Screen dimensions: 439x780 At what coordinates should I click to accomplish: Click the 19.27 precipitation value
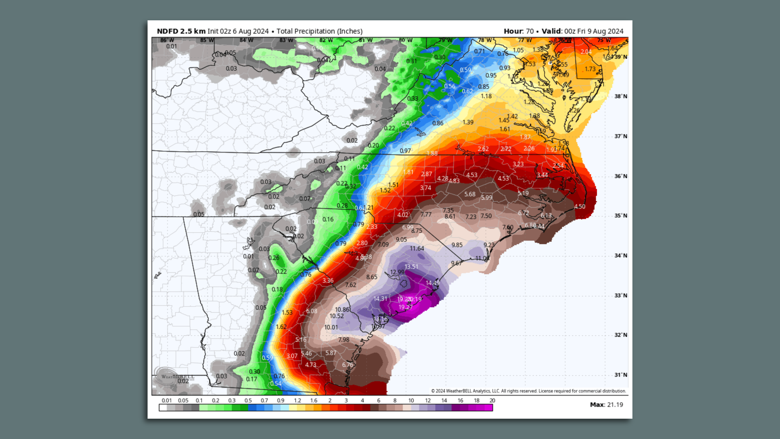(x=405, y=307)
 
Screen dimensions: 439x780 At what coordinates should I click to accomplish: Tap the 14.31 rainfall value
(x=380, y=299)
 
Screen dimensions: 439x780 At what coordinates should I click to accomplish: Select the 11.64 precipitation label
(x=417, y=248)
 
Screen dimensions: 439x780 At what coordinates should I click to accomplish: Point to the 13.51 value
(x=411, y=267)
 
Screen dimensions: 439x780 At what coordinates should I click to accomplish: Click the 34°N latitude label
(x=620, y=256)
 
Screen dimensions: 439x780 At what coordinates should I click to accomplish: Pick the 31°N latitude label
(x=620, y=375)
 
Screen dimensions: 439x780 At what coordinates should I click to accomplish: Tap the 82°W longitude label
(x=326, y=40)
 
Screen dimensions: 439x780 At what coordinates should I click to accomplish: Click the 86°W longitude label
(x=167, y=40)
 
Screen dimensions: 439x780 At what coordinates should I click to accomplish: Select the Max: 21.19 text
(x=606, y=404)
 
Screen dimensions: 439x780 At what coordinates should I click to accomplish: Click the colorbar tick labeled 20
(x=492, y=400)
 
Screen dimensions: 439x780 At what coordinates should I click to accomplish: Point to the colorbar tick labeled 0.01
(x=167, y=400)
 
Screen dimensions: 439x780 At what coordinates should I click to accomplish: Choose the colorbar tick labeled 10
(x=411, y=400)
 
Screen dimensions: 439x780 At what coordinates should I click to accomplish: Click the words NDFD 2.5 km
(x=181, y=31)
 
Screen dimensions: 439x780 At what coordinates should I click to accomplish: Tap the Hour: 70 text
(x=518, y=31)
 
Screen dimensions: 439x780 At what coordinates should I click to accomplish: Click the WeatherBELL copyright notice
(x=528, y=391)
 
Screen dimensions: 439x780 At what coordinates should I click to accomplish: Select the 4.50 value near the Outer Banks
(x=579, y=206)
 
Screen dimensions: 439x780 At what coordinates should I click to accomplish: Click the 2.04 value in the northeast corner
(x=586, y=52)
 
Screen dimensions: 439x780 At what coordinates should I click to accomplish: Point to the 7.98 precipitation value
(x=343, y=340)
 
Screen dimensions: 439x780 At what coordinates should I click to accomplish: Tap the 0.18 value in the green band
(x=277, y=289)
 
